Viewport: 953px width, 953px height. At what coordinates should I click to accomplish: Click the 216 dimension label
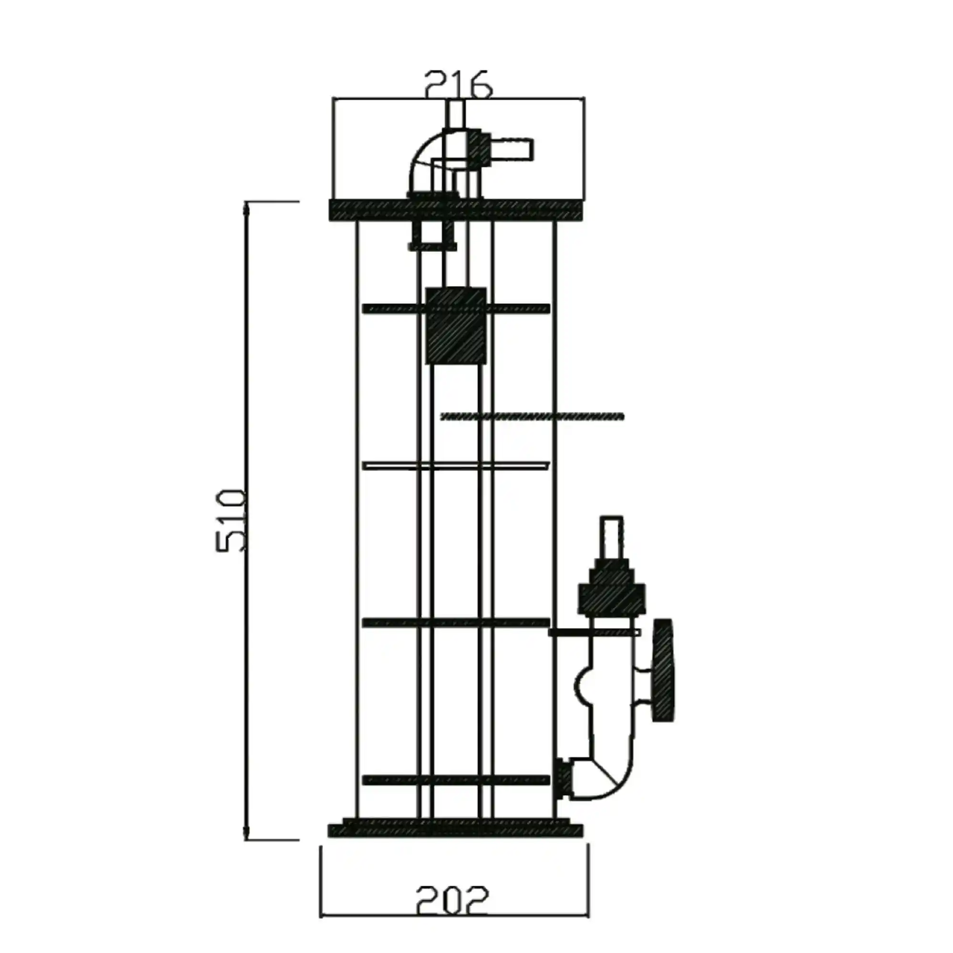(x=458, y=84)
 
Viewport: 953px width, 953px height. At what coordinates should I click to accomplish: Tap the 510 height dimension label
(x=231, y=521)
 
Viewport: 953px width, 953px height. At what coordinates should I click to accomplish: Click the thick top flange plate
(x=455, y=210)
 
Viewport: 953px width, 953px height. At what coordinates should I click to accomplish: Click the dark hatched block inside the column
(x=456, y=326)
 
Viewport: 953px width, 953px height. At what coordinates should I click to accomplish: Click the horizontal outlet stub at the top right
(x=508, y=149)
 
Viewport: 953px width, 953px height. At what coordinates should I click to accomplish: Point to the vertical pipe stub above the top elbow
(x=455, y=114)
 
